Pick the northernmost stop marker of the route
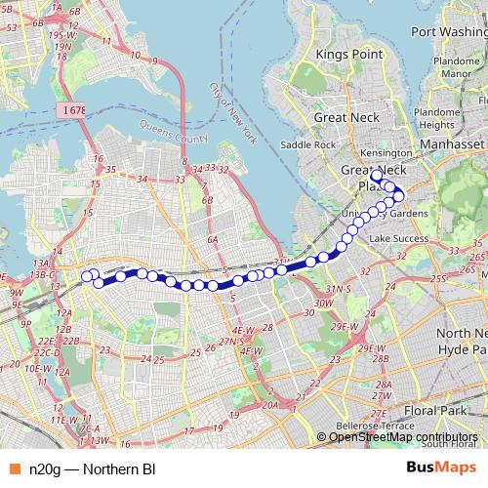(x=377, y=177)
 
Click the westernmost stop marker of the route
(x=87, y=275)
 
